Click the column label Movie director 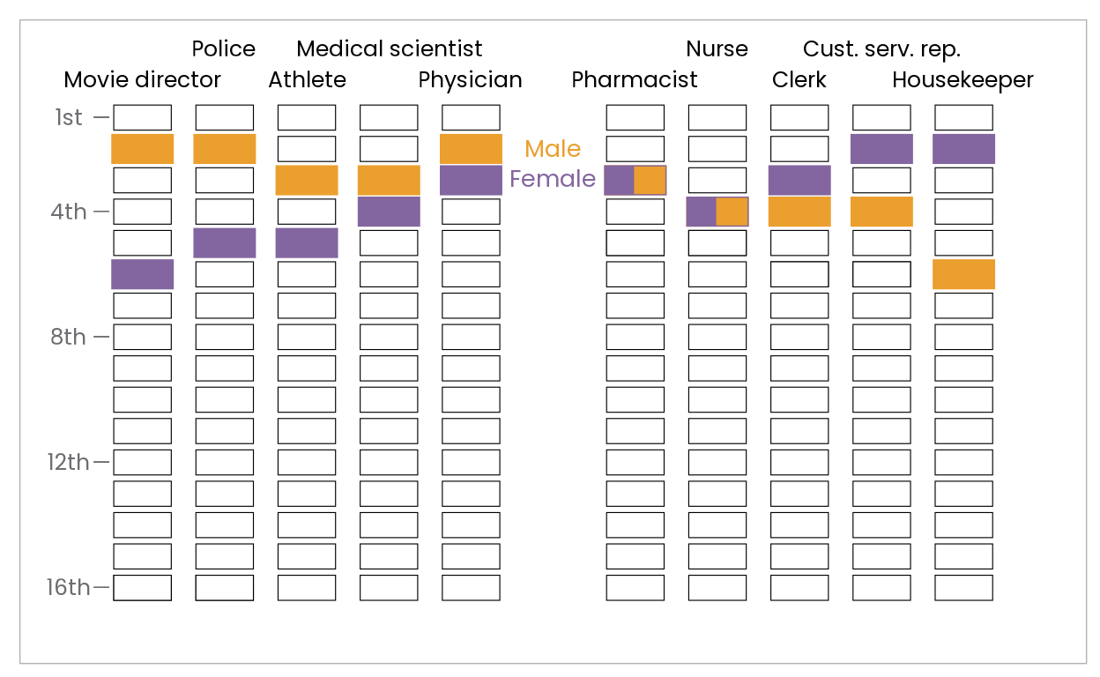[142, 80]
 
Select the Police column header [224, 48]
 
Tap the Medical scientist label [389, 48]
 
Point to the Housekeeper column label [962, 80]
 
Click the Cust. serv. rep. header [881, 48]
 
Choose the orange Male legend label [553, 149]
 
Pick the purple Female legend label [553, 180]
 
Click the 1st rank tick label [69, 118]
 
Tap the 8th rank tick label [69, 337]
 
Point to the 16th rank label [69, 588]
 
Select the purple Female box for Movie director [142, 274]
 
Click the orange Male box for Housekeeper [963, 274]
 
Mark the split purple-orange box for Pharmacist [635, 180]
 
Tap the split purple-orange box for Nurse [717, 212]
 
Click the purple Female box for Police [224, 242]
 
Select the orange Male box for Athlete [307, 180]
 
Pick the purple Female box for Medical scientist [389, 212]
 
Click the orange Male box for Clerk [799, 212]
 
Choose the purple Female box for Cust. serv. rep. [881, 149]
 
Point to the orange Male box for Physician [471, 149]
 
